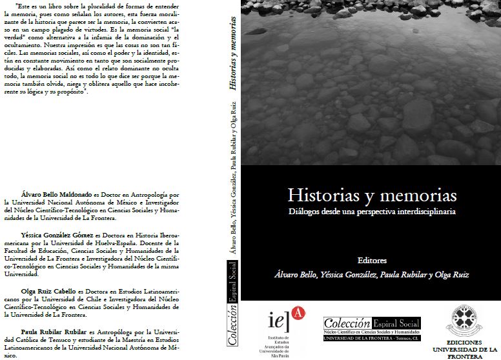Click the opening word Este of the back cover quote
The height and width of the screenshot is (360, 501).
click(12, 5)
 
